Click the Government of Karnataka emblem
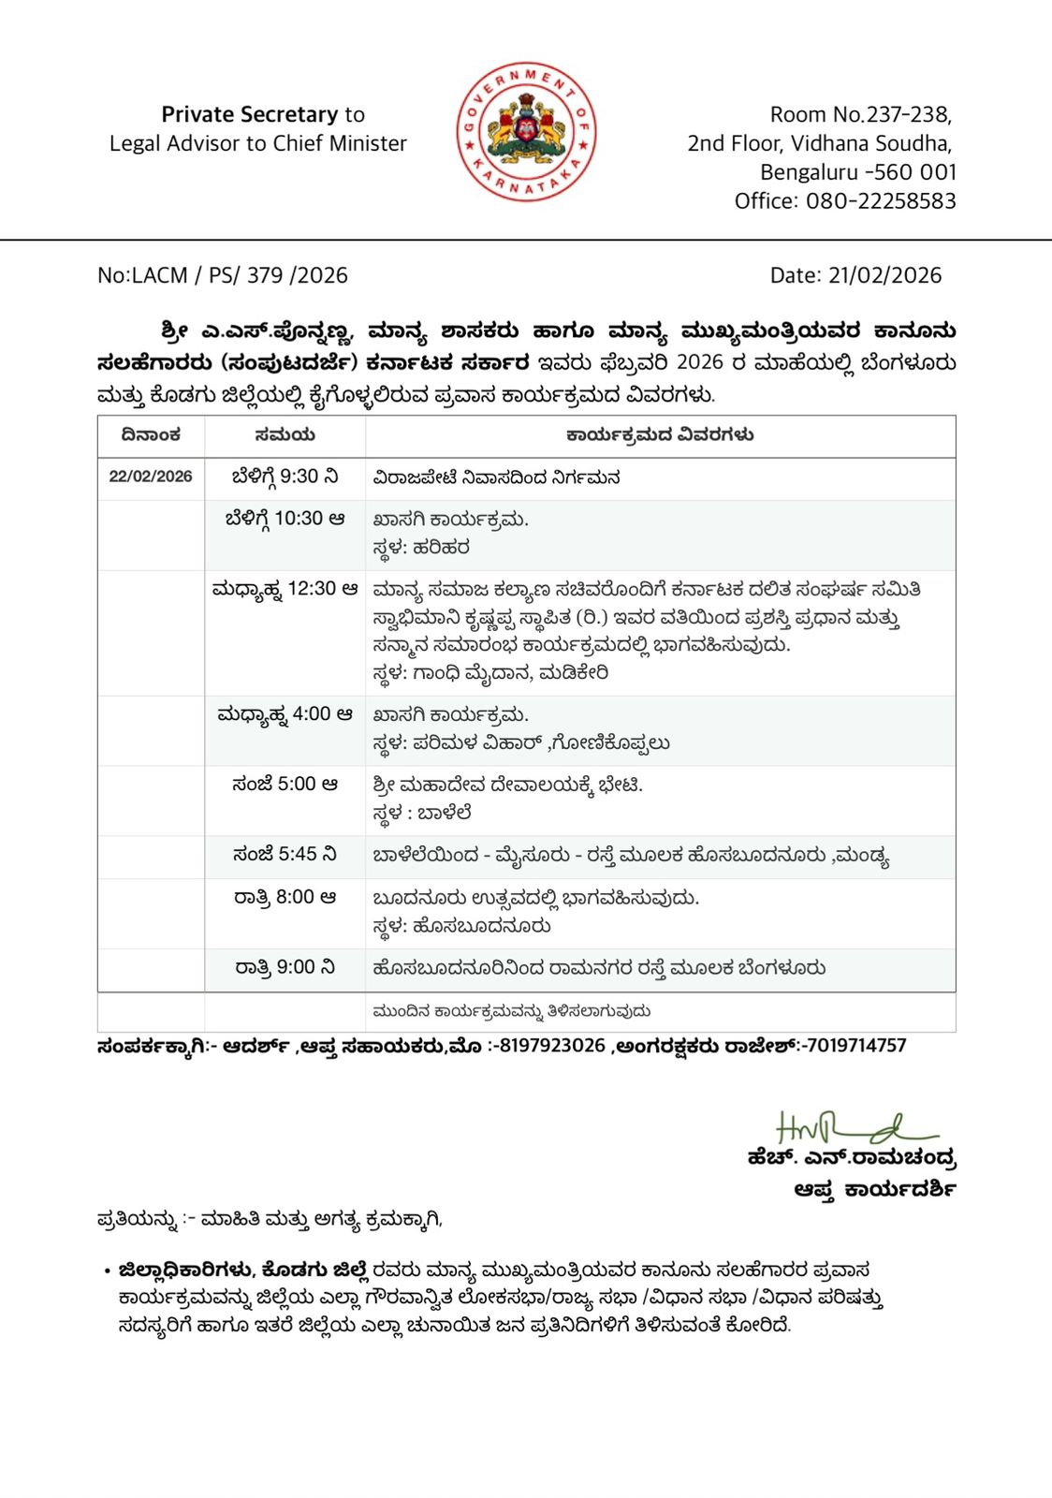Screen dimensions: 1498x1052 (x=526, y=132)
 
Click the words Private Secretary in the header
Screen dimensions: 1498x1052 (x=249, y=114)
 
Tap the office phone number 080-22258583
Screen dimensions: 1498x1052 (x=881, y=201)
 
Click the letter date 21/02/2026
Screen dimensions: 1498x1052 (x=884, y=275)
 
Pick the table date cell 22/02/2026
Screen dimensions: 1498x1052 (x=151, y=477)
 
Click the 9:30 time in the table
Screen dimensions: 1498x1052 (x=299, y=477)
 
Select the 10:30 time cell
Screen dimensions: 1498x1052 (x=299, y=519)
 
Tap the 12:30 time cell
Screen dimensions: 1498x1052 (x=312, y=589)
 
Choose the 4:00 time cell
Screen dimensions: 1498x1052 (x=312, y=714)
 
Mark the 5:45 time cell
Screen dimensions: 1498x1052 (x=298, y=855)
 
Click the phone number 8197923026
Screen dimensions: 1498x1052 (x=552, y=1046)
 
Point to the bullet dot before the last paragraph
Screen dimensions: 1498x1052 (x=108, y=1271)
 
